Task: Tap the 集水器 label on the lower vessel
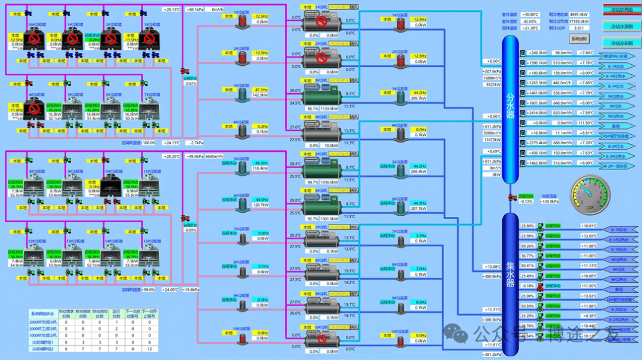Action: pos(510,274)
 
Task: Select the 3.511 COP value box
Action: pos(578,28)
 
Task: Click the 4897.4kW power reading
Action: pos(578,14)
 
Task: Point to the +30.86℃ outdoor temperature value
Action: pos(530,14)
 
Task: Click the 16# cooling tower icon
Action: pos(34,40)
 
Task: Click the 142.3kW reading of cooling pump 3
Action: pos(260,95)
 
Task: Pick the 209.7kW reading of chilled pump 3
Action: pos(418,98)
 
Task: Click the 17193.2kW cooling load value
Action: pos(578,21)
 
